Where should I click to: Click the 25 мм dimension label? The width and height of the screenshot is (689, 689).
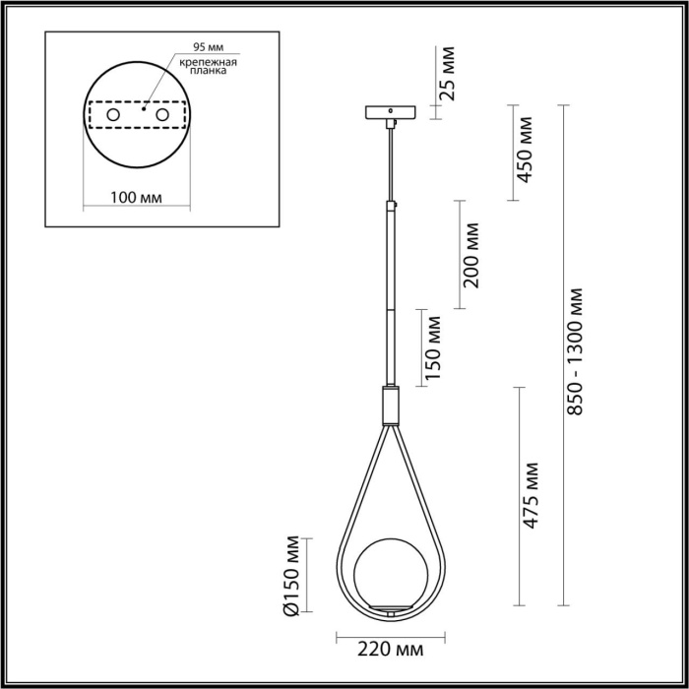pos(449,75)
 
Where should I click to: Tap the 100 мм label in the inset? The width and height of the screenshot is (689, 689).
pos(136,197)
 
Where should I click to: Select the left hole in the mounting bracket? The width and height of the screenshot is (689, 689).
pos(113,116)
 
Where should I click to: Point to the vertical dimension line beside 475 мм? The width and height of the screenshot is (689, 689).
pos(518,492)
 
